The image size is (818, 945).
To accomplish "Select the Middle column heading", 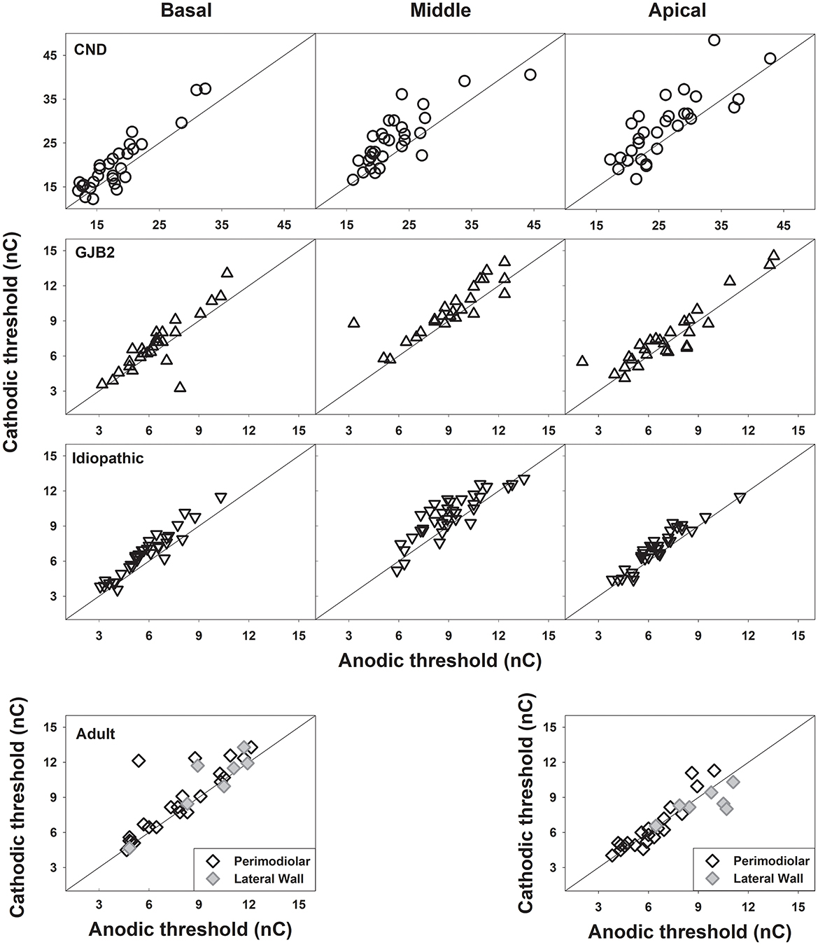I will tap(441, 10).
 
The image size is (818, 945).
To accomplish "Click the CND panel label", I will tap(90, 50).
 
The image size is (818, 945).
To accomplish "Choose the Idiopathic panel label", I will tap(108, 458).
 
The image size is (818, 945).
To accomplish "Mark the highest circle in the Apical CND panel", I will tap(714, 40).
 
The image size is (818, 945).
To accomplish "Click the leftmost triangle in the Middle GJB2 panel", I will tap(353, 323).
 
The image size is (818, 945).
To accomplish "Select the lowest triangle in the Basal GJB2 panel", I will tap(180, 387).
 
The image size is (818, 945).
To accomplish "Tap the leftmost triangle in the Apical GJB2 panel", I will tap(582, 361).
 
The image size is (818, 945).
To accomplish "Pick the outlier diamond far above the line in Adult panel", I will tap(139, 760).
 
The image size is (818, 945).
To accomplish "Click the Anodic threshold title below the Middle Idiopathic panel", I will tap(439, 660).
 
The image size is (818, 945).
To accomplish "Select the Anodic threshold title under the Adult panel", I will tap(189, 929).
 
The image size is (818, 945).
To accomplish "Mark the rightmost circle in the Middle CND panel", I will tap(530, 74).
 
